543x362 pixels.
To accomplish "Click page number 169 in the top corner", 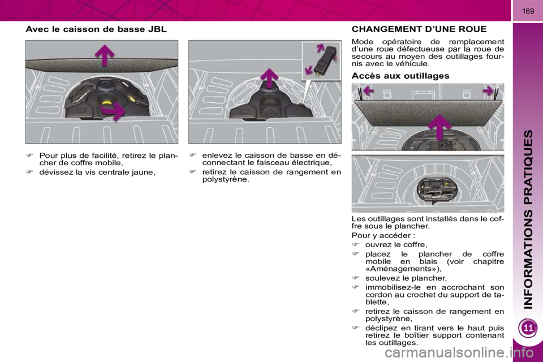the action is (x=528, y=11).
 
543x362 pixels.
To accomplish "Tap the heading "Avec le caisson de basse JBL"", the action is (x=96, y=29).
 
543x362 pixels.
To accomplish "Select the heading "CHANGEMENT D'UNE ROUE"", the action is (x=419, y=29).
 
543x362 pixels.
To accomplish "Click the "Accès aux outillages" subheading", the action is (x=400, y=76).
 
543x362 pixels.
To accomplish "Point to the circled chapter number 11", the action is (x=528, y=327).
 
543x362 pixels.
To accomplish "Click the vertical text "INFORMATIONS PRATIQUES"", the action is (x=528, y=219).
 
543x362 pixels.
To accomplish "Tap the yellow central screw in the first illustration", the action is (x=107, y=102).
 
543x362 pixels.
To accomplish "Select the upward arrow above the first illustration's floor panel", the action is (x=105, y=55).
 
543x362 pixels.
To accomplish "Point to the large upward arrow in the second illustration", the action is (x=269, y=78).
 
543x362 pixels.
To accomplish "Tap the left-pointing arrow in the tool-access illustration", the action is (x=368, y=91).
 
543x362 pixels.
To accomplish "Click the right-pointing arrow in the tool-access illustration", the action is (x=488, y=90).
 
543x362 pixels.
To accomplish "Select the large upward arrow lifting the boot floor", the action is (x=440, y=127).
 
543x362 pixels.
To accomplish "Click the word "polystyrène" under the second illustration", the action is (x=226, y=180).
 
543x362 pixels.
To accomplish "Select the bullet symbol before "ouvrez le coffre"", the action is (x=356, y=244).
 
